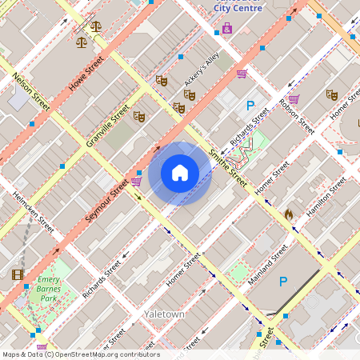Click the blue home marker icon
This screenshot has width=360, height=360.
[x=180, y=173]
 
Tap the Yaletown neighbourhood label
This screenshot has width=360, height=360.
[x=164, y=314]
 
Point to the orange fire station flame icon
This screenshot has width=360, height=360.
[x=289, y=214]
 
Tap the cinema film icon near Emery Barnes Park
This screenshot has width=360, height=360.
[x=18, y=274]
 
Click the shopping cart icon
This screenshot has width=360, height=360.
[x=242, y=74]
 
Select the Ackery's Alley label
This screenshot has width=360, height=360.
[x=201, y=70]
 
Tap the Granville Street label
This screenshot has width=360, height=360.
[x=108, y=128]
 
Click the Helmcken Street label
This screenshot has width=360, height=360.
[x=33, y=212]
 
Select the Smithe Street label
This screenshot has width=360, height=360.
[x=227, y=168]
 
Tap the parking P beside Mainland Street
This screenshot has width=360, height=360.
[x=282, y=282]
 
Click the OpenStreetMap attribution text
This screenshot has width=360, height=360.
[x=80, y=354]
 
